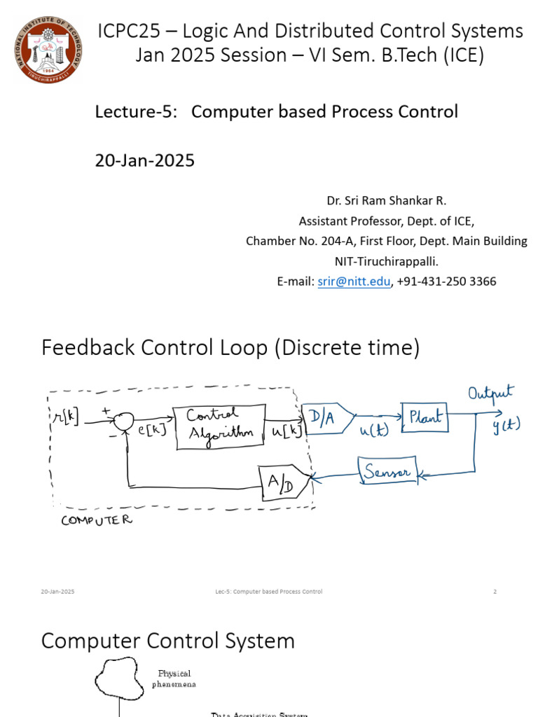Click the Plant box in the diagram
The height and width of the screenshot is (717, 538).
423,417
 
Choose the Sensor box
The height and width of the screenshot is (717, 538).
388,472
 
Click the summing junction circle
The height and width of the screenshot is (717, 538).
124,420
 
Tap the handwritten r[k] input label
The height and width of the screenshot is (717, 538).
67,417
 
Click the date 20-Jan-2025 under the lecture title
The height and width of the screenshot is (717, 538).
144,160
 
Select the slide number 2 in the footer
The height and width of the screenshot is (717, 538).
495,592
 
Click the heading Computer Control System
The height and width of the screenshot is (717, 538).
168,641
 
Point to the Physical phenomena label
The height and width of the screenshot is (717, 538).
174,678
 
